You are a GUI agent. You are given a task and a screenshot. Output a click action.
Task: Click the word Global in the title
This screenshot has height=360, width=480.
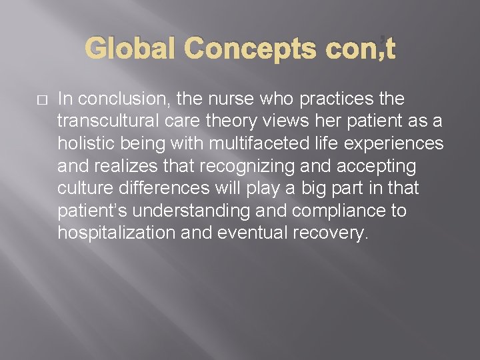click(x=131, y=49)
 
